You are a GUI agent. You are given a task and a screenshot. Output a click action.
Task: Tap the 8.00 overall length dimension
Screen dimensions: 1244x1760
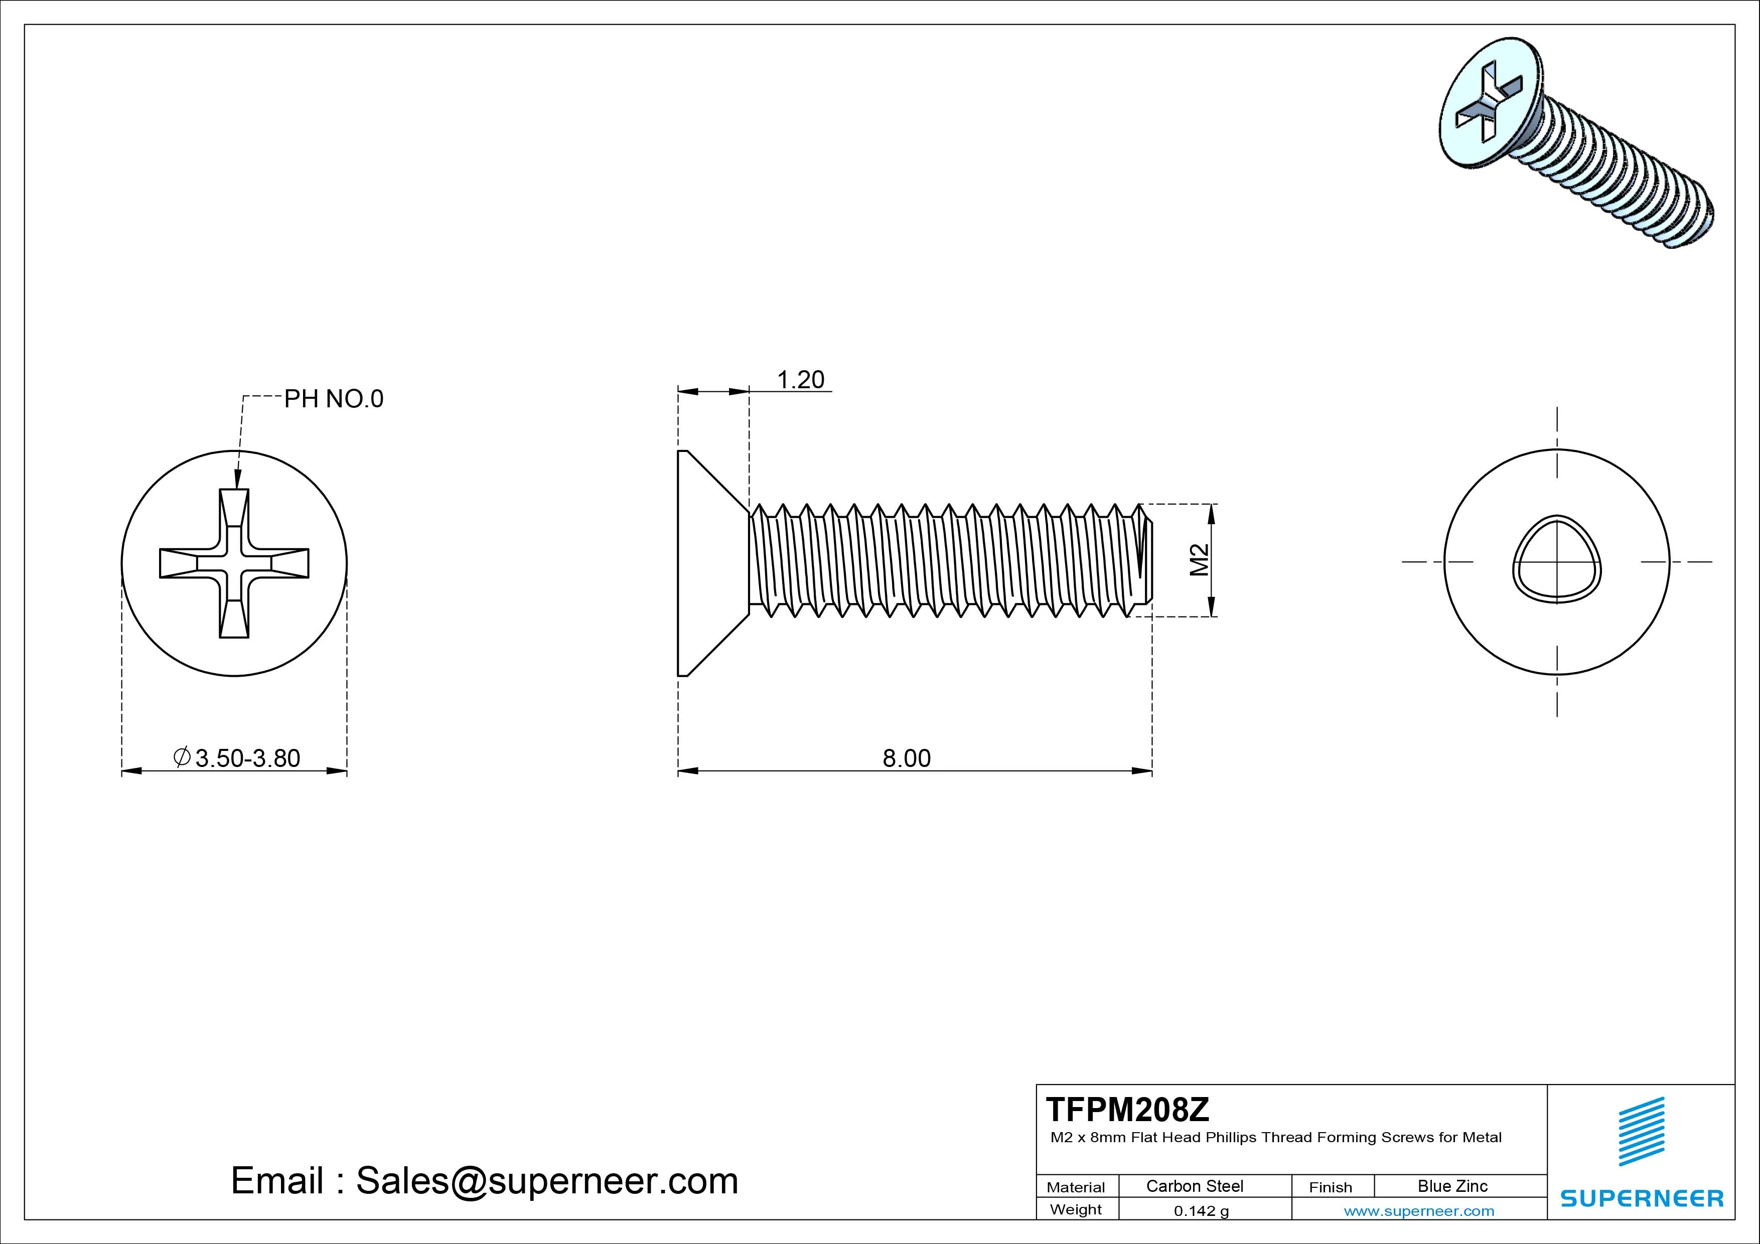click(906, 758)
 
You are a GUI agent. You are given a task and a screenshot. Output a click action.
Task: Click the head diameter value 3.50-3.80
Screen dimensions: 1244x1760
click(247, 758)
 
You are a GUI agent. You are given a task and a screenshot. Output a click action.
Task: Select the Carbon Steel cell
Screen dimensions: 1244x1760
click(1194, 1186)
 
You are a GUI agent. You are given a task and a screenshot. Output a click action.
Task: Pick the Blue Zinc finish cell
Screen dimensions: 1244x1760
click(1452, 1186)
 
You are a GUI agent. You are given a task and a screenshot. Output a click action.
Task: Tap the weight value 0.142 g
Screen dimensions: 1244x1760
click(1201, 1211)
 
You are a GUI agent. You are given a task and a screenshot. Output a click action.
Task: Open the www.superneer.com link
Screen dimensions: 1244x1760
click(1419, 1211)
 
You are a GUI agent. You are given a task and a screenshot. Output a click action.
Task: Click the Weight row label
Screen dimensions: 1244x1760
click(1076, 1209)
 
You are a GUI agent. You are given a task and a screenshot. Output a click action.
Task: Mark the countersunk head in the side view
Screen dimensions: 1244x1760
click(709, 563)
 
